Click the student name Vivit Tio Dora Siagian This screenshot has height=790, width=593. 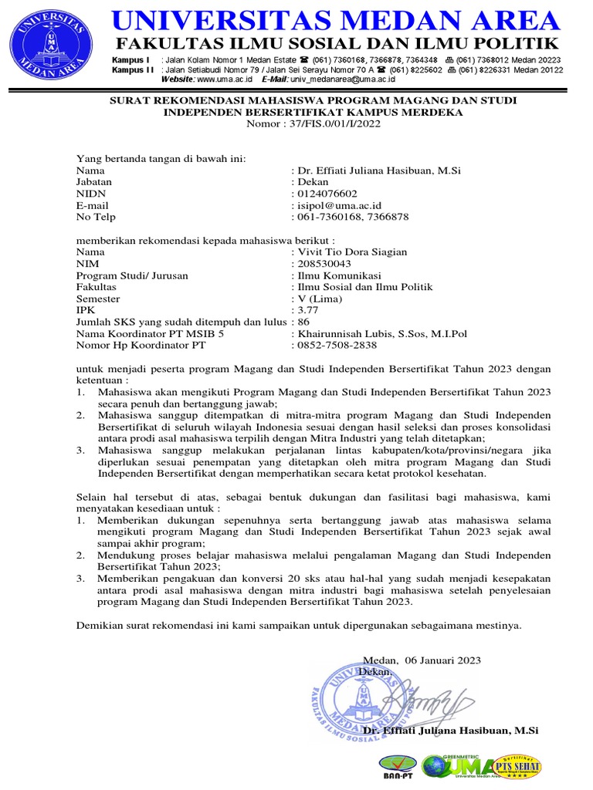point(351,252)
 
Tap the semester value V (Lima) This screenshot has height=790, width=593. point(319,299)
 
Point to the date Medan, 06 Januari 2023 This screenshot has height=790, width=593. point(422,660)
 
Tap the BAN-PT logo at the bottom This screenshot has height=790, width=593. point(398,766)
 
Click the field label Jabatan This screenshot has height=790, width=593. point(94,182)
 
